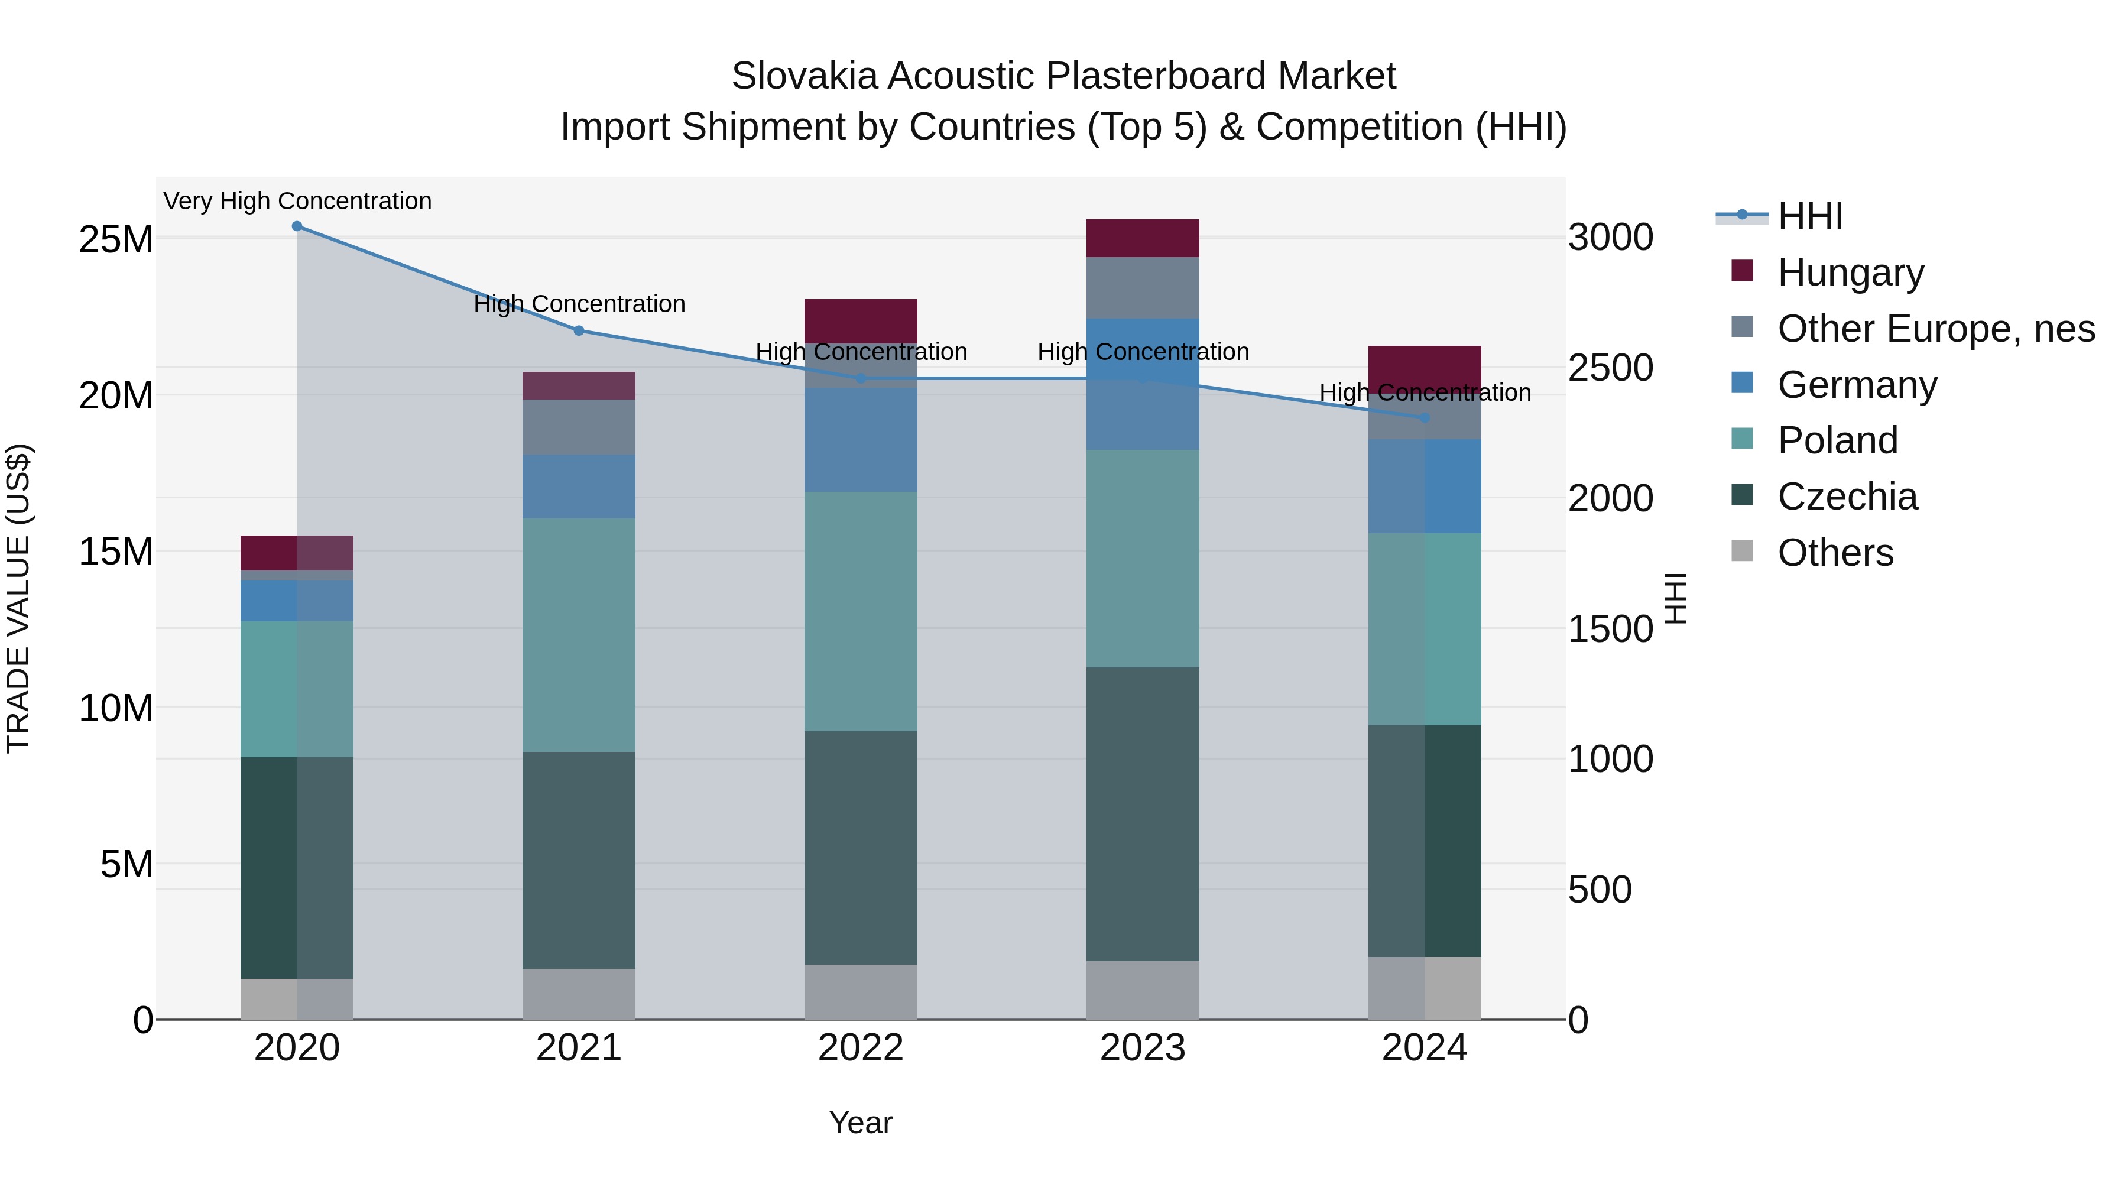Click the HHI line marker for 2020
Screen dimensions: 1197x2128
click(297, 226)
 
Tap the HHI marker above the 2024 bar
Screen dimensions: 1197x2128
click(1424, 418)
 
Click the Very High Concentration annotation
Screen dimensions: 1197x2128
click(297, 201)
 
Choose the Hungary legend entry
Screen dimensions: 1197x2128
click(1850, 273)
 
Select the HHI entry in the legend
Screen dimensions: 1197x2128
click(1809, 216)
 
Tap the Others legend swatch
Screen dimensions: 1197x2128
click(1741, 551)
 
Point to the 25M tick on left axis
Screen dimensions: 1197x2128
click(116, 239)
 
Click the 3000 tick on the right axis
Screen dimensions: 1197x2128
click(1610, 238)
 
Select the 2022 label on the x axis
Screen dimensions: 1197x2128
click(860, 1048)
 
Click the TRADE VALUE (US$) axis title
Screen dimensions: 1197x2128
click(18, 598)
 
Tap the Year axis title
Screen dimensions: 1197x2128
click(860, 1123)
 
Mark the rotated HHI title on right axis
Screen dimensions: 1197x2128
click(1675, 598)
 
